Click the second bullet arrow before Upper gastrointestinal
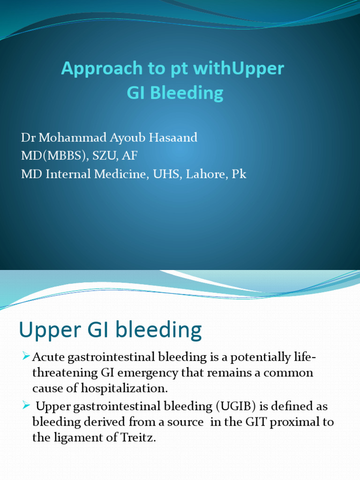(x=26, y=405)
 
